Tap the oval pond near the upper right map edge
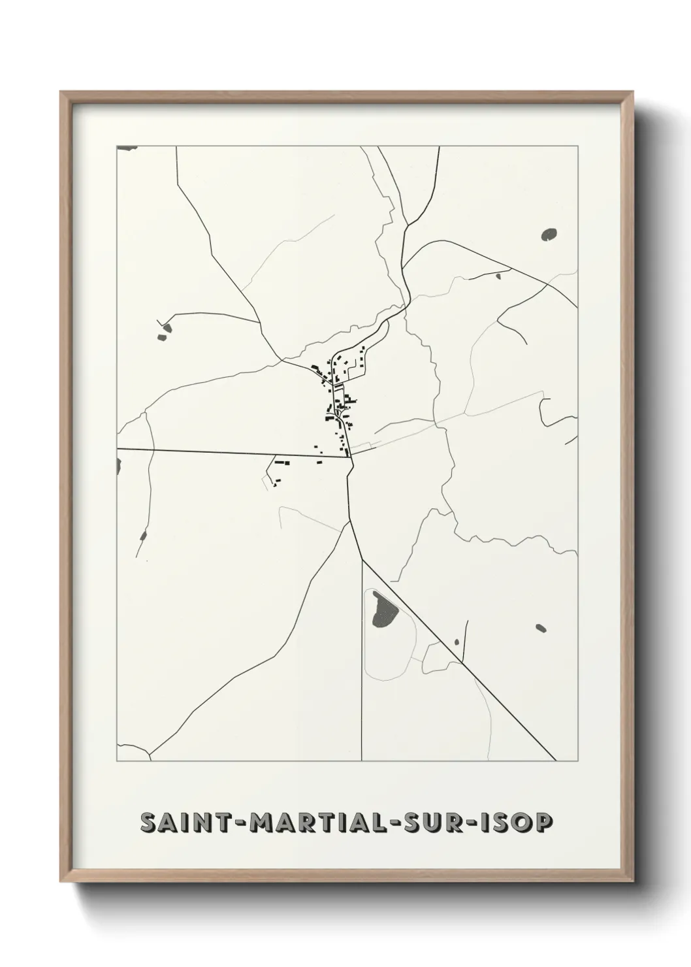(x=549, y=233)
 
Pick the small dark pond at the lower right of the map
(x=540, y=629)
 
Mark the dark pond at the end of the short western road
(x=163, y=331)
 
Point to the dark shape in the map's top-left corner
(x=126, y=148)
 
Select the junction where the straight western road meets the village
(x=350, y=457)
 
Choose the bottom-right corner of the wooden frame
(x=634, y=883)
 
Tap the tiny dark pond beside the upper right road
(x=498, y=276)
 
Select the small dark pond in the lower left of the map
(x=143, y=536)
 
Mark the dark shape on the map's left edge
(x=119, y=466)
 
